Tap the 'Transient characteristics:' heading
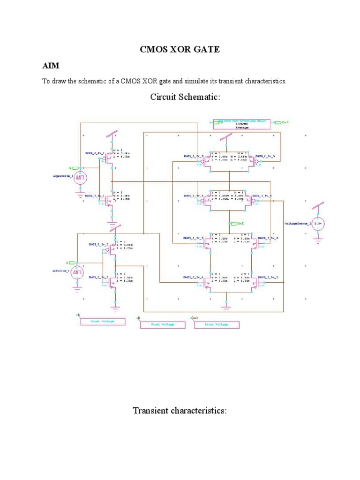pyautogui.click(x=180, y=411)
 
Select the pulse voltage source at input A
pyautogui.click(x=81, y=178)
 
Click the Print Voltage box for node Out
pyautogui.click(x=216, y=325)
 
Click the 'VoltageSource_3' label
pyautogui.click(x=297, y=224)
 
